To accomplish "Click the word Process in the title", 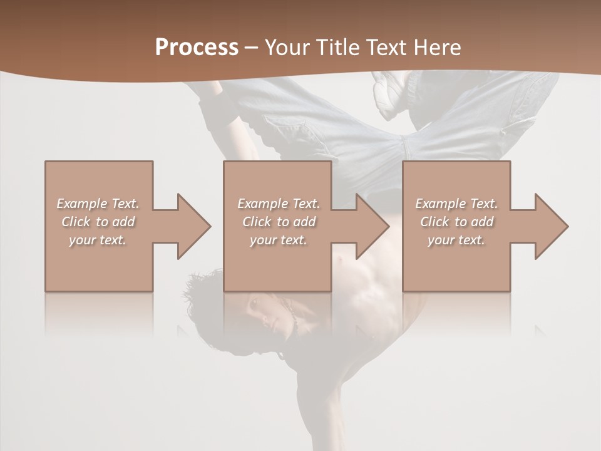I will click(x=197, y=48).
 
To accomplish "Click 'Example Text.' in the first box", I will click(x=98, y=204).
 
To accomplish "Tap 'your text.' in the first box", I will click(x=98, y=240).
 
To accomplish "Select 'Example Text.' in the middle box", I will click(x=279, y=204).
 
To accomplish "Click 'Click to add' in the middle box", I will click(x=279, y=222).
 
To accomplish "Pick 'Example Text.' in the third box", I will click(x=456, y=204).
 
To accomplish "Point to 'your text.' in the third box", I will click(x=456, y=240).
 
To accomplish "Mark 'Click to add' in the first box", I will click(x=98, y=222).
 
